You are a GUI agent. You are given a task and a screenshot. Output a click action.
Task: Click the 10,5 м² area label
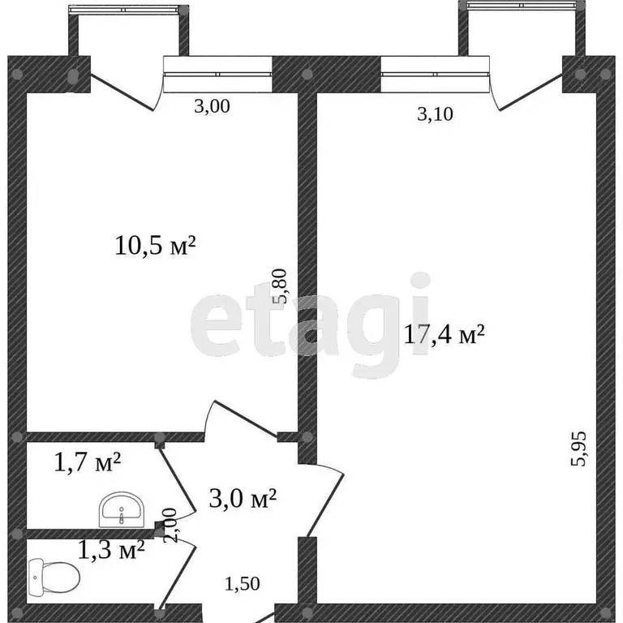157,245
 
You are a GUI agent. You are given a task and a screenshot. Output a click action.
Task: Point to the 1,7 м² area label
87,463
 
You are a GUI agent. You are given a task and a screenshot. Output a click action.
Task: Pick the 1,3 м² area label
111,551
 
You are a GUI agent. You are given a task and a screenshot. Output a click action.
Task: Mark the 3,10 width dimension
435,114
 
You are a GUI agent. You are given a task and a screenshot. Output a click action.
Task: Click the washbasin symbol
122,511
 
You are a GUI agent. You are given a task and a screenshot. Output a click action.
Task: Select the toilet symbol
54,578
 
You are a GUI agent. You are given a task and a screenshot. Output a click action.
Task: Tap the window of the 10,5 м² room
217,73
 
